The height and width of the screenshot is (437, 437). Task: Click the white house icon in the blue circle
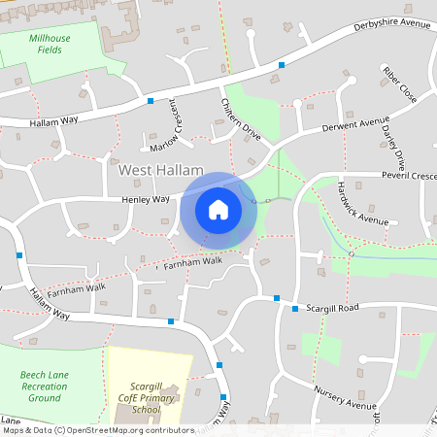(218, 210)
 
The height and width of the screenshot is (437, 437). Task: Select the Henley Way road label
(145, 199)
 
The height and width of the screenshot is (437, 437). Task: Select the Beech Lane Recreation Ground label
(45, 386)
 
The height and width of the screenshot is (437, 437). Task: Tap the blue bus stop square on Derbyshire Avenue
(282, 64)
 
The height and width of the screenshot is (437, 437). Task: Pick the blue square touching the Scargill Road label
(295, 309)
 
